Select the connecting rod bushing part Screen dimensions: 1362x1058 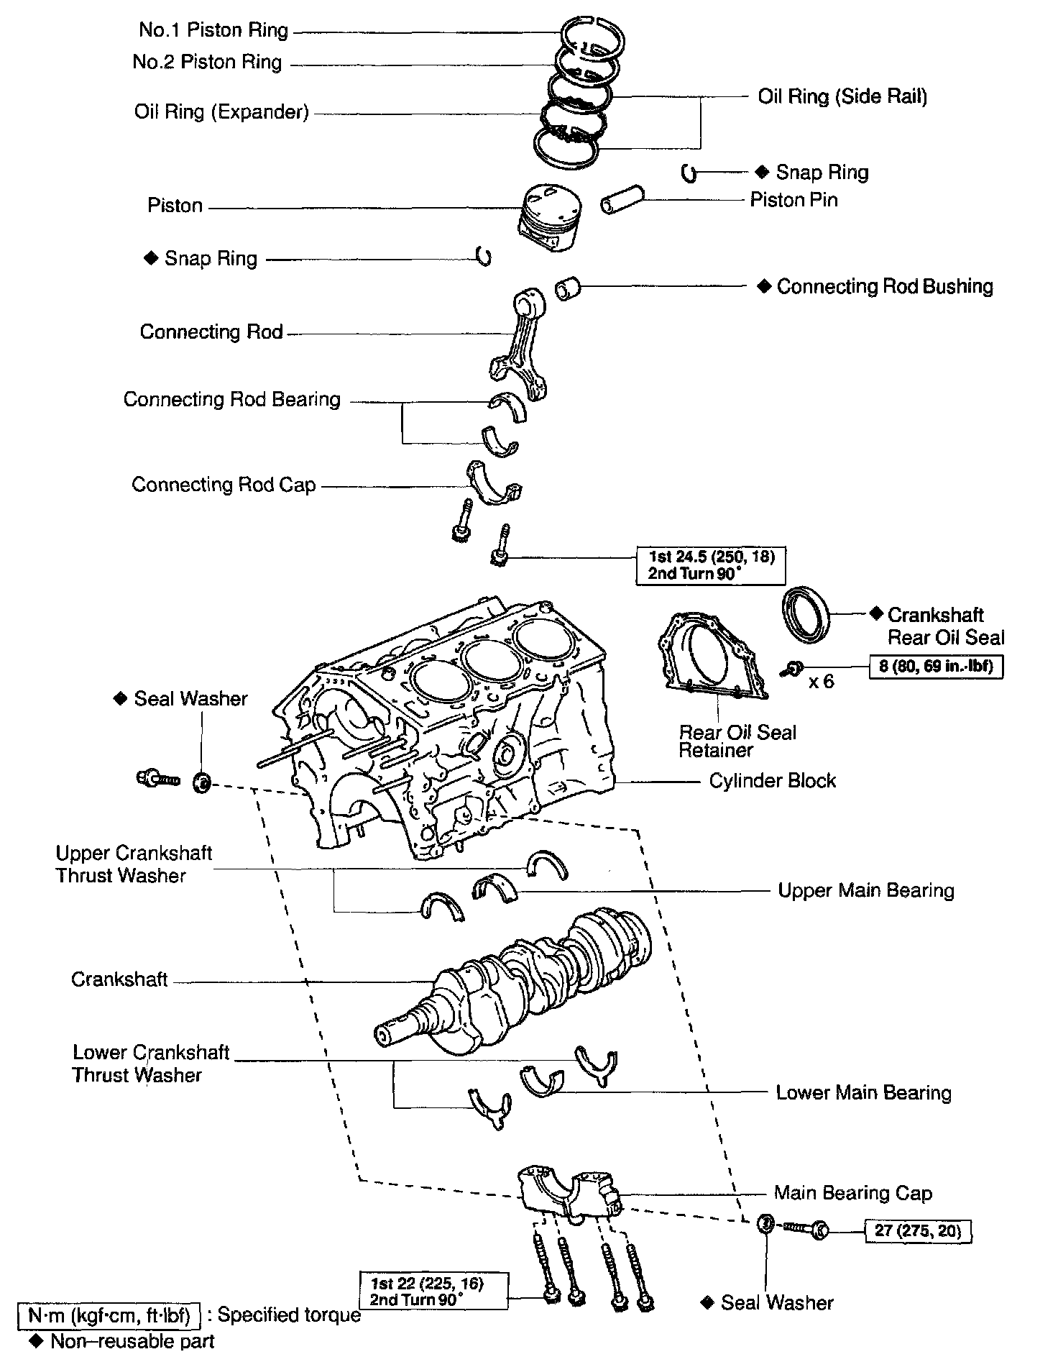pos(568,288)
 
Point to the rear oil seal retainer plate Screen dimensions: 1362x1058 pos(712,657)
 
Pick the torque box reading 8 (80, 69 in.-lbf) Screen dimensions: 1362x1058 pos(936,666)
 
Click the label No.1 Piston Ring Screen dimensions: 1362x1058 pos(213,30)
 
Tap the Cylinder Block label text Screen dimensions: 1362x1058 pos(773,781)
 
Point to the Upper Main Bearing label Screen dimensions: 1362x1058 pos(866,890)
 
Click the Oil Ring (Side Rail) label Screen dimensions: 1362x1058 pos(842,96)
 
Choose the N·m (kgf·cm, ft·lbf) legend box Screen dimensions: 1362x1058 pos(108,1315)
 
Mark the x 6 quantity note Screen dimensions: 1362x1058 pos(821,681)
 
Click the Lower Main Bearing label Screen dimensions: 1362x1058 pos(863,1093)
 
